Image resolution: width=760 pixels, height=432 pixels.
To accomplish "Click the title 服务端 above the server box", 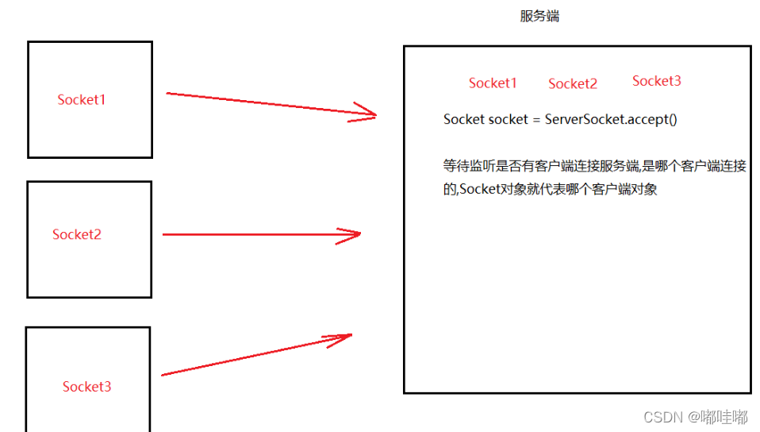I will [x=539, y=16].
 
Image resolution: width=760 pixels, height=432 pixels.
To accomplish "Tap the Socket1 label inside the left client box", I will [x=82, y=100].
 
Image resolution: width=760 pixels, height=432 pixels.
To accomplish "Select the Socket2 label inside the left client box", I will [x=77, y=234].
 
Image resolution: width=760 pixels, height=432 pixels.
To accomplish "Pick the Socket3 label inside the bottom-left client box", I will [x=87, y=387].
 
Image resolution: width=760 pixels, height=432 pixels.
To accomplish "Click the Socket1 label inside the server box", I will [x=493, y=83].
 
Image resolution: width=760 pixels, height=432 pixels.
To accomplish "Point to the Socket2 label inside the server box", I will [x=573, y=84].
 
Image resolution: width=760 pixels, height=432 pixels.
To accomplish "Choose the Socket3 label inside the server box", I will [x=657, y=81].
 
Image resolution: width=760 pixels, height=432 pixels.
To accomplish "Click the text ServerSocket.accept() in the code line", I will [x=612, y=119].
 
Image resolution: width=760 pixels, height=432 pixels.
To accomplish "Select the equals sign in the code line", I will [x=536, y=120].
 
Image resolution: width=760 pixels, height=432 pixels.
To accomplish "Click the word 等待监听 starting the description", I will [x=469, y=167].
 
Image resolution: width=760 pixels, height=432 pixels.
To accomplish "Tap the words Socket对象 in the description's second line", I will [x=486, y=190].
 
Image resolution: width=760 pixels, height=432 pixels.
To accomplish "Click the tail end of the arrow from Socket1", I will [x=168, y=94].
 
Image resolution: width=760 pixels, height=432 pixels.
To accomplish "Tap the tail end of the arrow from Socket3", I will [x=163, y=375].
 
